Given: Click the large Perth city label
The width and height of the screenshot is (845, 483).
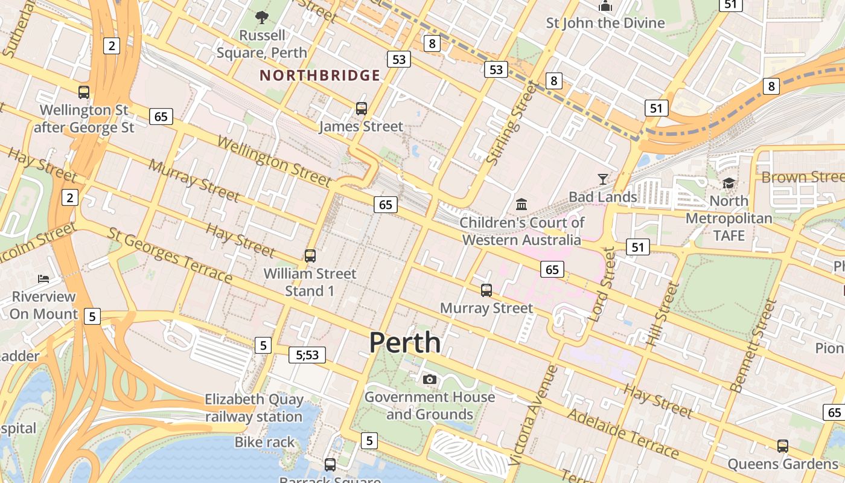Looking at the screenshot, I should tap(405, 343).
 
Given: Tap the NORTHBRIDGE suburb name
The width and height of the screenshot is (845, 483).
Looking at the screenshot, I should tap(320, 75).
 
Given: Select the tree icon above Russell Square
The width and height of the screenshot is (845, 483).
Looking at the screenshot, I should tap(262, 18).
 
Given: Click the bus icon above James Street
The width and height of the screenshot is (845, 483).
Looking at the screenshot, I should tap(362, 109).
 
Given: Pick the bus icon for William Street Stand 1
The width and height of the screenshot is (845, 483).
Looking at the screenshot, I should tap(310, 255).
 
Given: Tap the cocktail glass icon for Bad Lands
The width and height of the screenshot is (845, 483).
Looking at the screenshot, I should tap(603, 179).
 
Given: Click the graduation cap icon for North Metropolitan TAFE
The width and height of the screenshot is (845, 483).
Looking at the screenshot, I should tap(729, 183).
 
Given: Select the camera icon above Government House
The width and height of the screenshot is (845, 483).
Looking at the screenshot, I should tap(430, 379).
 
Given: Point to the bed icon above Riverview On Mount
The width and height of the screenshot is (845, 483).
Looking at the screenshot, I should tap(43, 278).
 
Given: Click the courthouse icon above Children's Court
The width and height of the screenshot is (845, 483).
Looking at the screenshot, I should tap(522, 204).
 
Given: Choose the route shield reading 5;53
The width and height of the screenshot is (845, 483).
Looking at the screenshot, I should tap(307, 355).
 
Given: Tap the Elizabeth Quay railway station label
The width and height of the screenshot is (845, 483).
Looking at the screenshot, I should tap(254, 408).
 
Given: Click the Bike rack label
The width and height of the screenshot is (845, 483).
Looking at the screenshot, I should tap(265, 442).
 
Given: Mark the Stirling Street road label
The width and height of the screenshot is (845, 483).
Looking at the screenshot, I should tap(511, 124).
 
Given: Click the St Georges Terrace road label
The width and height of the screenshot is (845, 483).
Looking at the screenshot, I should tap(170, 255).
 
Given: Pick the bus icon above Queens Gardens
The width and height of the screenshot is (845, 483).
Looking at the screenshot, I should tap(783, 446).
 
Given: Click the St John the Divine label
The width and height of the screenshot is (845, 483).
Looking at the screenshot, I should tap(605, 23).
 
